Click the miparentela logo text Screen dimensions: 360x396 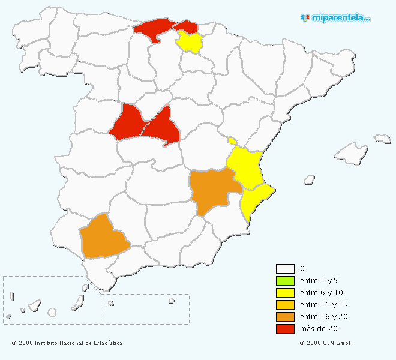click(x=340, y=18)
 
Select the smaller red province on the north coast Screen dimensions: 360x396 click(x=187, y=26)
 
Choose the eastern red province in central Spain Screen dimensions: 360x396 click(x=161, y=127)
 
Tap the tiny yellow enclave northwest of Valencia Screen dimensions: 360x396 click(x=232, y=141)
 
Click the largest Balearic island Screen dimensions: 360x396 click(x=351, y=154)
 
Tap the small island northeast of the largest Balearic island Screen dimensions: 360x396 click(x=382, y=139)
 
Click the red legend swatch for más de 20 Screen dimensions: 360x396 click(x=285, y=329)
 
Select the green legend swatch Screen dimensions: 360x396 click(x=285, y=281)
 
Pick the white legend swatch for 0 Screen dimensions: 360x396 click(x=285, y=269)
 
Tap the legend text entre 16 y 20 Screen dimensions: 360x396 click(x=323, y=317)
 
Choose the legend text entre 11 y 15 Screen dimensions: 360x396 click(x=323, y=305)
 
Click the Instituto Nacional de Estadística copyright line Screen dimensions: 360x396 click(x=67, y=343)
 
